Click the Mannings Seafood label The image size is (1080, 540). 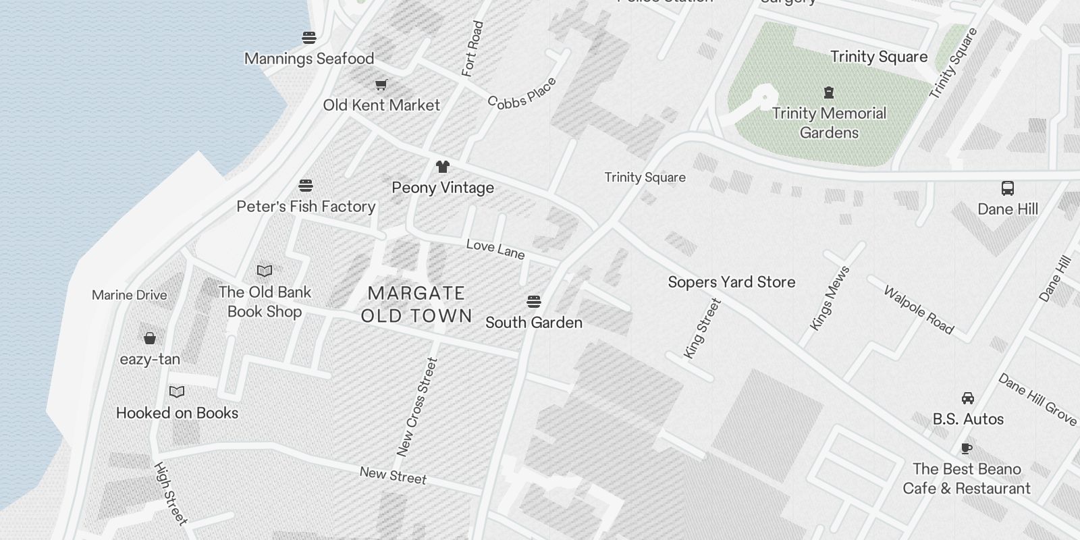pyautogui.click(x=309, y=59)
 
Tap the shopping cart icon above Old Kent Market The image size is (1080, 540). pyautogui.click(x=381, y=85)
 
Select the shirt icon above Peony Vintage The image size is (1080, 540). pyautogui.click(x=442, y=167)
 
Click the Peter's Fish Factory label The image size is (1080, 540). pyautogui.click(x=306, y=207)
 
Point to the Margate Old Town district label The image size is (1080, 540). pyautogui.click(x=416, y=304)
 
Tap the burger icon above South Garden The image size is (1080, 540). pyautogui.click(x=534, y=301)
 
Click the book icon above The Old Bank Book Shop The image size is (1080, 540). pyautogui.click(x=265, y=271)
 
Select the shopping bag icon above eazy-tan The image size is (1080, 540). pyautogui.click(x=150, y=338)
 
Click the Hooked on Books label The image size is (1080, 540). pyautogui.click(x=177, y=413)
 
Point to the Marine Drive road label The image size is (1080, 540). pyautogui.click(x=129, y=295)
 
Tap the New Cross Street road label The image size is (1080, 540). pyautogui.click(x=417, y=407)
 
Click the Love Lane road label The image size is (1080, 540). pyautogui.click(x=495, y=249)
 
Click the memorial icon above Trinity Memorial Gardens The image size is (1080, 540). pyautogui.click(x=829, y=92)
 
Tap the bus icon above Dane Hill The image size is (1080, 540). pyautogui.click(x=1008, y=188)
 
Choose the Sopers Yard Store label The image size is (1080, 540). pyautogui.click(x=732, y=282)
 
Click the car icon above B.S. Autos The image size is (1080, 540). pyautogui.click(x=968, y=398)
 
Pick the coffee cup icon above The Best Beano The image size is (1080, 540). pyautogui.click(x=967, y=448)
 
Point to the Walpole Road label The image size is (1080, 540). pyautogui.click(x=919, y=310)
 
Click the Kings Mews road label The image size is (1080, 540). pyautogui.click(x=830, y=298)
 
